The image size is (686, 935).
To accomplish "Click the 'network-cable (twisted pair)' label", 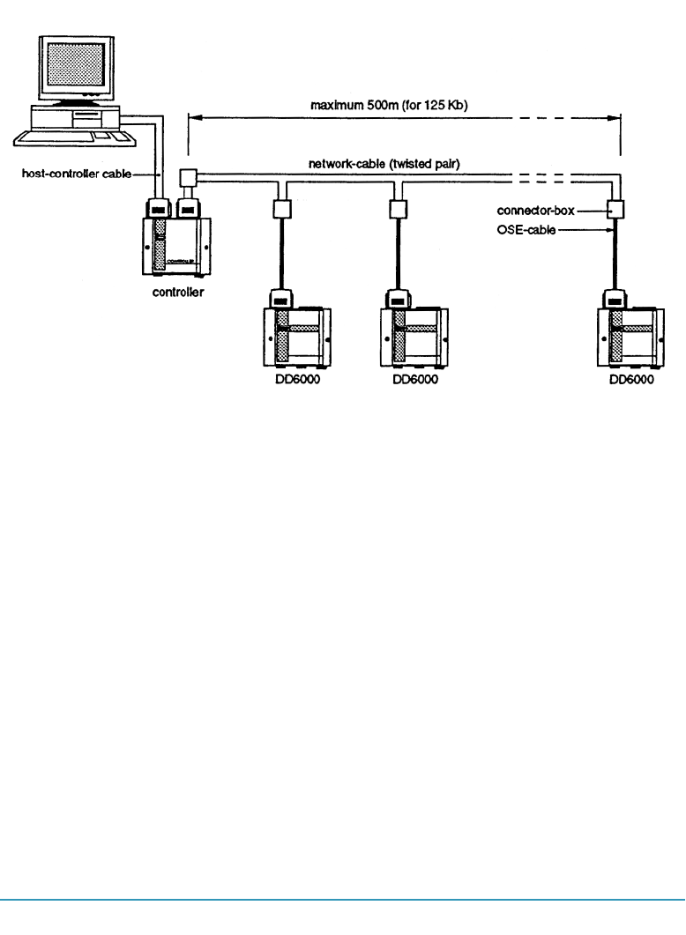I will [395, 165].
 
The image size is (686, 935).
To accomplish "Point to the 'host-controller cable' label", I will [75, 174].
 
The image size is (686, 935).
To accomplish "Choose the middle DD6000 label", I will [408, 380].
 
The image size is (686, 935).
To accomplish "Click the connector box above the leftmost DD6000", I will [282, 210].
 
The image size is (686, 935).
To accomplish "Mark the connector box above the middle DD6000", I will [398, 210].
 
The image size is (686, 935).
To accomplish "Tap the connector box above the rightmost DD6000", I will [615, 210].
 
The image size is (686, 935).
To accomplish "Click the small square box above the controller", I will [186, 177].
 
